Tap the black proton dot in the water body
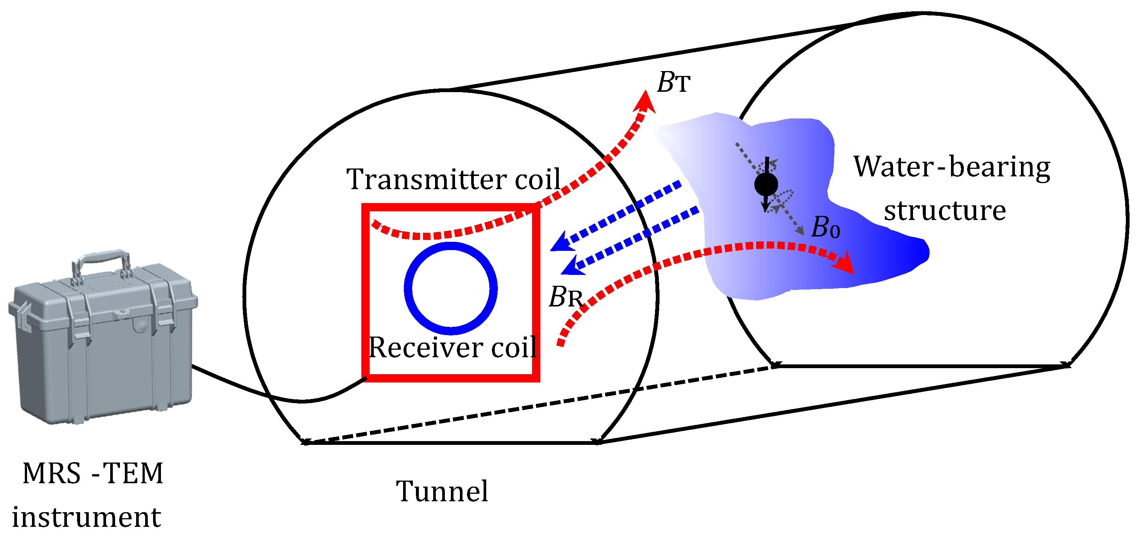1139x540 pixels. pos(766,184)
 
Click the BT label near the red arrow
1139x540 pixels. pos(673,82)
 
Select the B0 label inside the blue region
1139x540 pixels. pos(825,228)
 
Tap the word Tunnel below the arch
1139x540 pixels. pos(442,491)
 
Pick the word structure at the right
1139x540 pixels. pos(945,211)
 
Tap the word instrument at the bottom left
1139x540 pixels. pos(86,517)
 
